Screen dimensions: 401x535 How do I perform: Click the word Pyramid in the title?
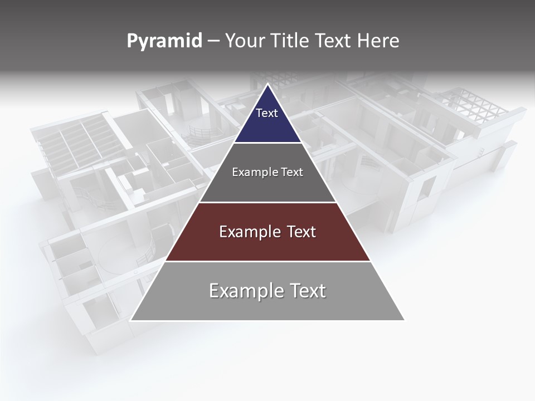coord(164,41)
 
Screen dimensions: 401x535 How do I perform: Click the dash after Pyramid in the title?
coord(213,42)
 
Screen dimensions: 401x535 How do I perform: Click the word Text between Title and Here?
coord(333,41)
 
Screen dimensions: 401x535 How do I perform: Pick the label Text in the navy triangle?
coord(267,113)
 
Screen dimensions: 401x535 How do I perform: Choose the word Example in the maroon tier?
coord(249,232)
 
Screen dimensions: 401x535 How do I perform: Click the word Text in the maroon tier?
coord(298,232)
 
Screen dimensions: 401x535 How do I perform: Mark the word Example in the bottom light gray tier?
coord(244,291)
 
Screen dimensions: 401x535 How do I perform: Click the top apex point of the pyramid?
coord(267,85)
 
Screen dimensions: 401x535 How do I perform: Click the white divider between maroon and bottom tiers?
coord(267,261)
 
